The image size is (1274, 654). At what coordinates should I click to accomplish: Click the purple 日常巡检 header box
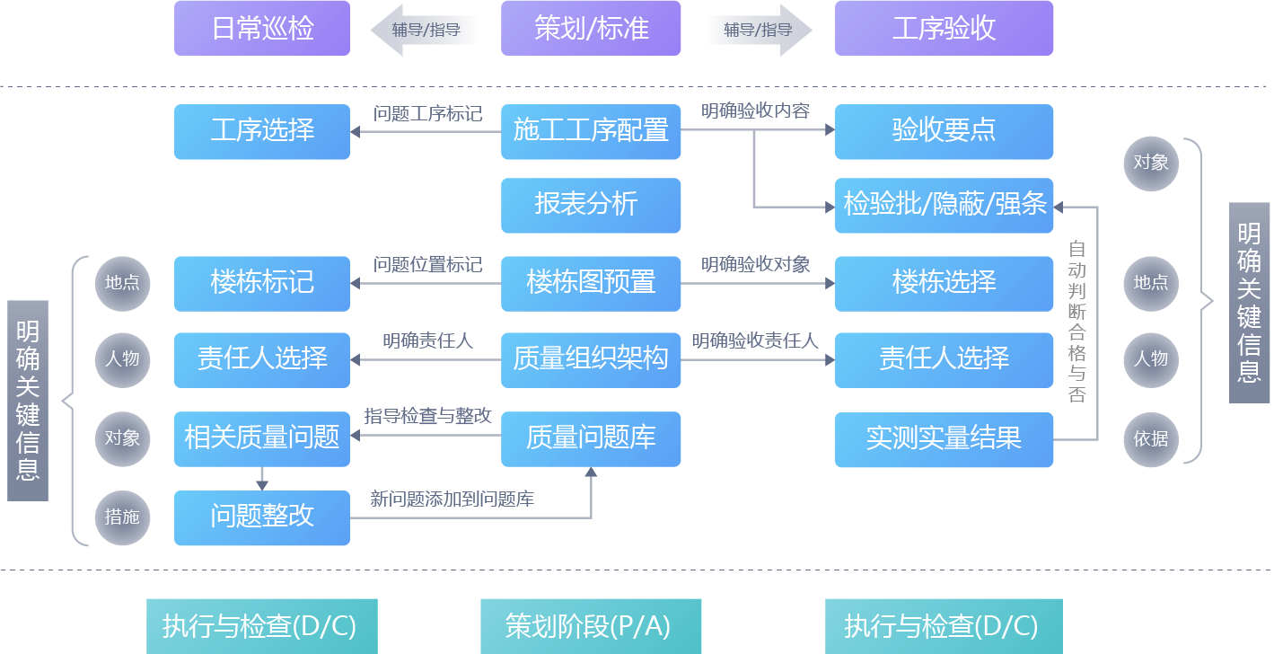click(x=262, y=29)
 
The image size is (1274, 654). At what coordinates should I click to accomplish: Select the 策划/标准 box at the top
click(x=591, y=29)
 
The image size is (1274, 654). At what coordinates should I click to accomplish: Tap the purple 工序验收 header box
click(x=944, y=29)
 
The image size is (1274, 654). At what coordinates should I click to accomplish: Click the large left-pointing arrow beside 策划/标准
click(x=424, y=30)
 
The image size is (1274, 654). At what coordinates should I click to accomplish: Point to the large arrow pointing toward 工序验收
click(x=759, y=30)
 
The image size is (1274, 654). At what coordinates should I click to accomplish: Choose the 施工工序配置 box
click(x=591, y=131)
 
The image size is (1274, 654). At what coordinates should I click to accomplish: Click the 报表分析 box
click(x=591, y=205)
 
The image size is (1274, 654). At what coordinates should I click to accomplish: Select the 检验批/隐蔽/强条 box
click(x=944, y=205)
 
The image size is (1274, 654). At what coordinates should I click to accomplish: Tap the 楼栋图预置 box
click(x=591, y=283)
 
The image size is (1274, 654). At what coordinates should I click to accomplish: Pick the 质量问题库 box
click(x=591, y=439)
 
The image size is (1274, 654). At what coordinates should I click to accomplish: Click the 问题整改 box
click(x=262, y=517)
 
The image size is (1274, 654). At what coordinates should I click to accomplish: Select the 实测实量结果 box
click(x=944, y=439)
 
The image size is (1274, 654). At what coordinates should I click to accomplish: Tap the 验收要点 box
click(x=944, y=131)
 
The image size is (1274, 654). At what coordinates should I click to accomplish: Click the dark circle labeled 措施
click(x=122, y=517)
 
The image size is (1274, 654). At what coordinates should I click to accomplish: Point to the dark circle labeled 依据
click(x=1151, y=437)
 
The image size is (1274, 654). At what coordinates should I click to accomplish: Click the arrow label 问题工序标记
click(x=427, y=114)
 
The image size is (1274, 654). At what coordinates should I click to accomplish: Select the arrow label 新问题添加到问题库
click(x=452, y=499)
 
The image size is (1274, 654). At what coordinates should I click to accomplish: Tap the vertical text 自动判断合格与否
click(x=1076, y=321)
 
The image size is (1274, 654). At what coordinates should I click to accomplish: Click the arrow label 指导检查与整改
click(x=427, y=417)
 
